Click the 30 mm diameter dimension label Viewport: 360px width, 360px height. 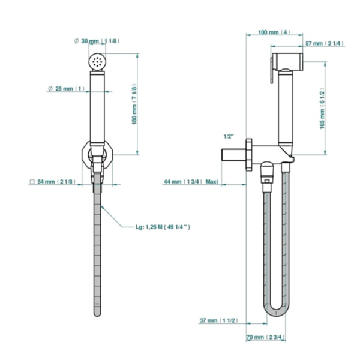[97, 41]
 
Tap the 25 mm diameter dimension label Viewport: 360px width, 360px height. [66, 89]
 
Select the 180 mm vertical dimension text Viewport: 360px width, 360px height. [134, 104]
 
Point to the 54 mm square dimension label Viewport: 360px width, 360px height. [53, 182]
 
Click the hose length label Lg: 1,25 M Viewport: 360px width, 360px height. [163, 227]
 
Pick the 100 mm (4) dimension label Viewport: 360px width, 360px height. [274, 32]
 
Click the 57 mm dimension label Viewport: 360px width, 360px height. [325, 43]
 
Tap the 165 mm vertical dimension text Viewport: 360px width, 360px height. [322, 109]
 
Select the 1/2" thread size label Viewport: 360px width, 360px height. [229, 136]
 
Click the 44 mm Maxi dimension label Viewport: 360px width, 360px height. [191, 182]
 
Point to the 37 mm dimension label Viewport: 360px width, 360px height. [218, 320]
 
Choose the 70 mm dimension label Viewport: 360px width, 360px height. [266, 337]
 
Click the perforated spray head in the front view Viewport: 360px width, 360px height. [97, 61]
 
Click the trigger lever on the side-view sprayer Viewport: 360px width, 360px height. [272, 70]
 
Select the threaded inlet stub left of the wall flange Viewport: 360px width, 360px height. [234, 155]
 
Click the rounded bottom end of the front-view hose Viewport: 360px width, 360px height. [97, 313]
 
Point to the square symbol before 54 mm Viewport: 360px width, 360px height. [32, 182]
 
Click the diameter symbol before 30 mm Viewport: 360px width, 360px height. [76, 41]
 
